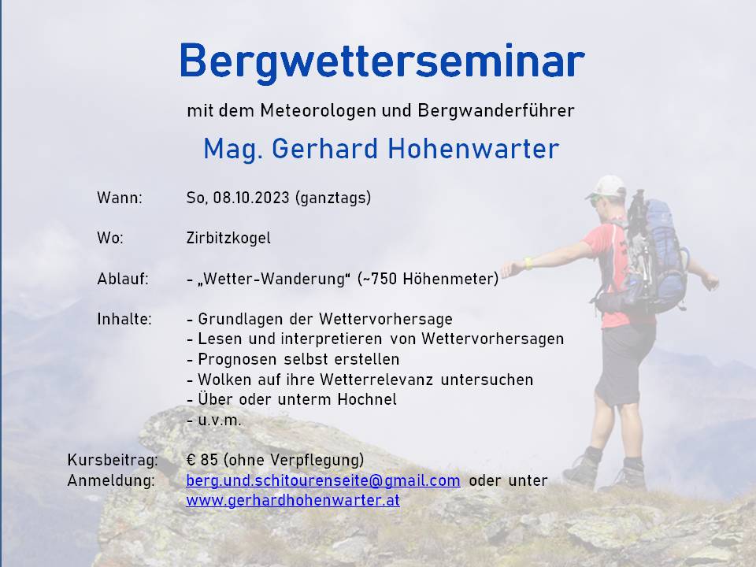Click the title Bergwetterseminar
click(x=382, y=62)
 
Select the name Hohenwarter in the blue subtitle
click(x=473, y=149)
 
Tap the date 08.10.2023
click(x=251, y=198)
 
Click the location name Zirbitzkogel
click(x=228, y=238)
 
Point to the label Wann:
click(x=120, y=198)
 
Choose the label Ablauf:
click(x=123, y=279)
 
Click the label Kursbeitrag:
click(x=113, y=460)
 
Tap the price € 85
click(x=202, y=460)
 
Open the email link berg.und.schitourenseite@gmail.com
click(x=324, y=480)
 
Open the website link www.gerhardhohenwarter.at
click(x=293, y=501)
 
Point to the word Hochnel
click(x=368, y=400)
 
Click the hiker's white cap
click(x=606, y=187)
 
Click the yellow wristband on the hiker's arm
click(x=529, y=263)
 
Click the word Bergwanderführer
click(x=496, y=111)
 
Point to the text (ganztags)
click(x=332, y=198)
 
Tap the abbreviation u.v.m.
click(x=220, y=421)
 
